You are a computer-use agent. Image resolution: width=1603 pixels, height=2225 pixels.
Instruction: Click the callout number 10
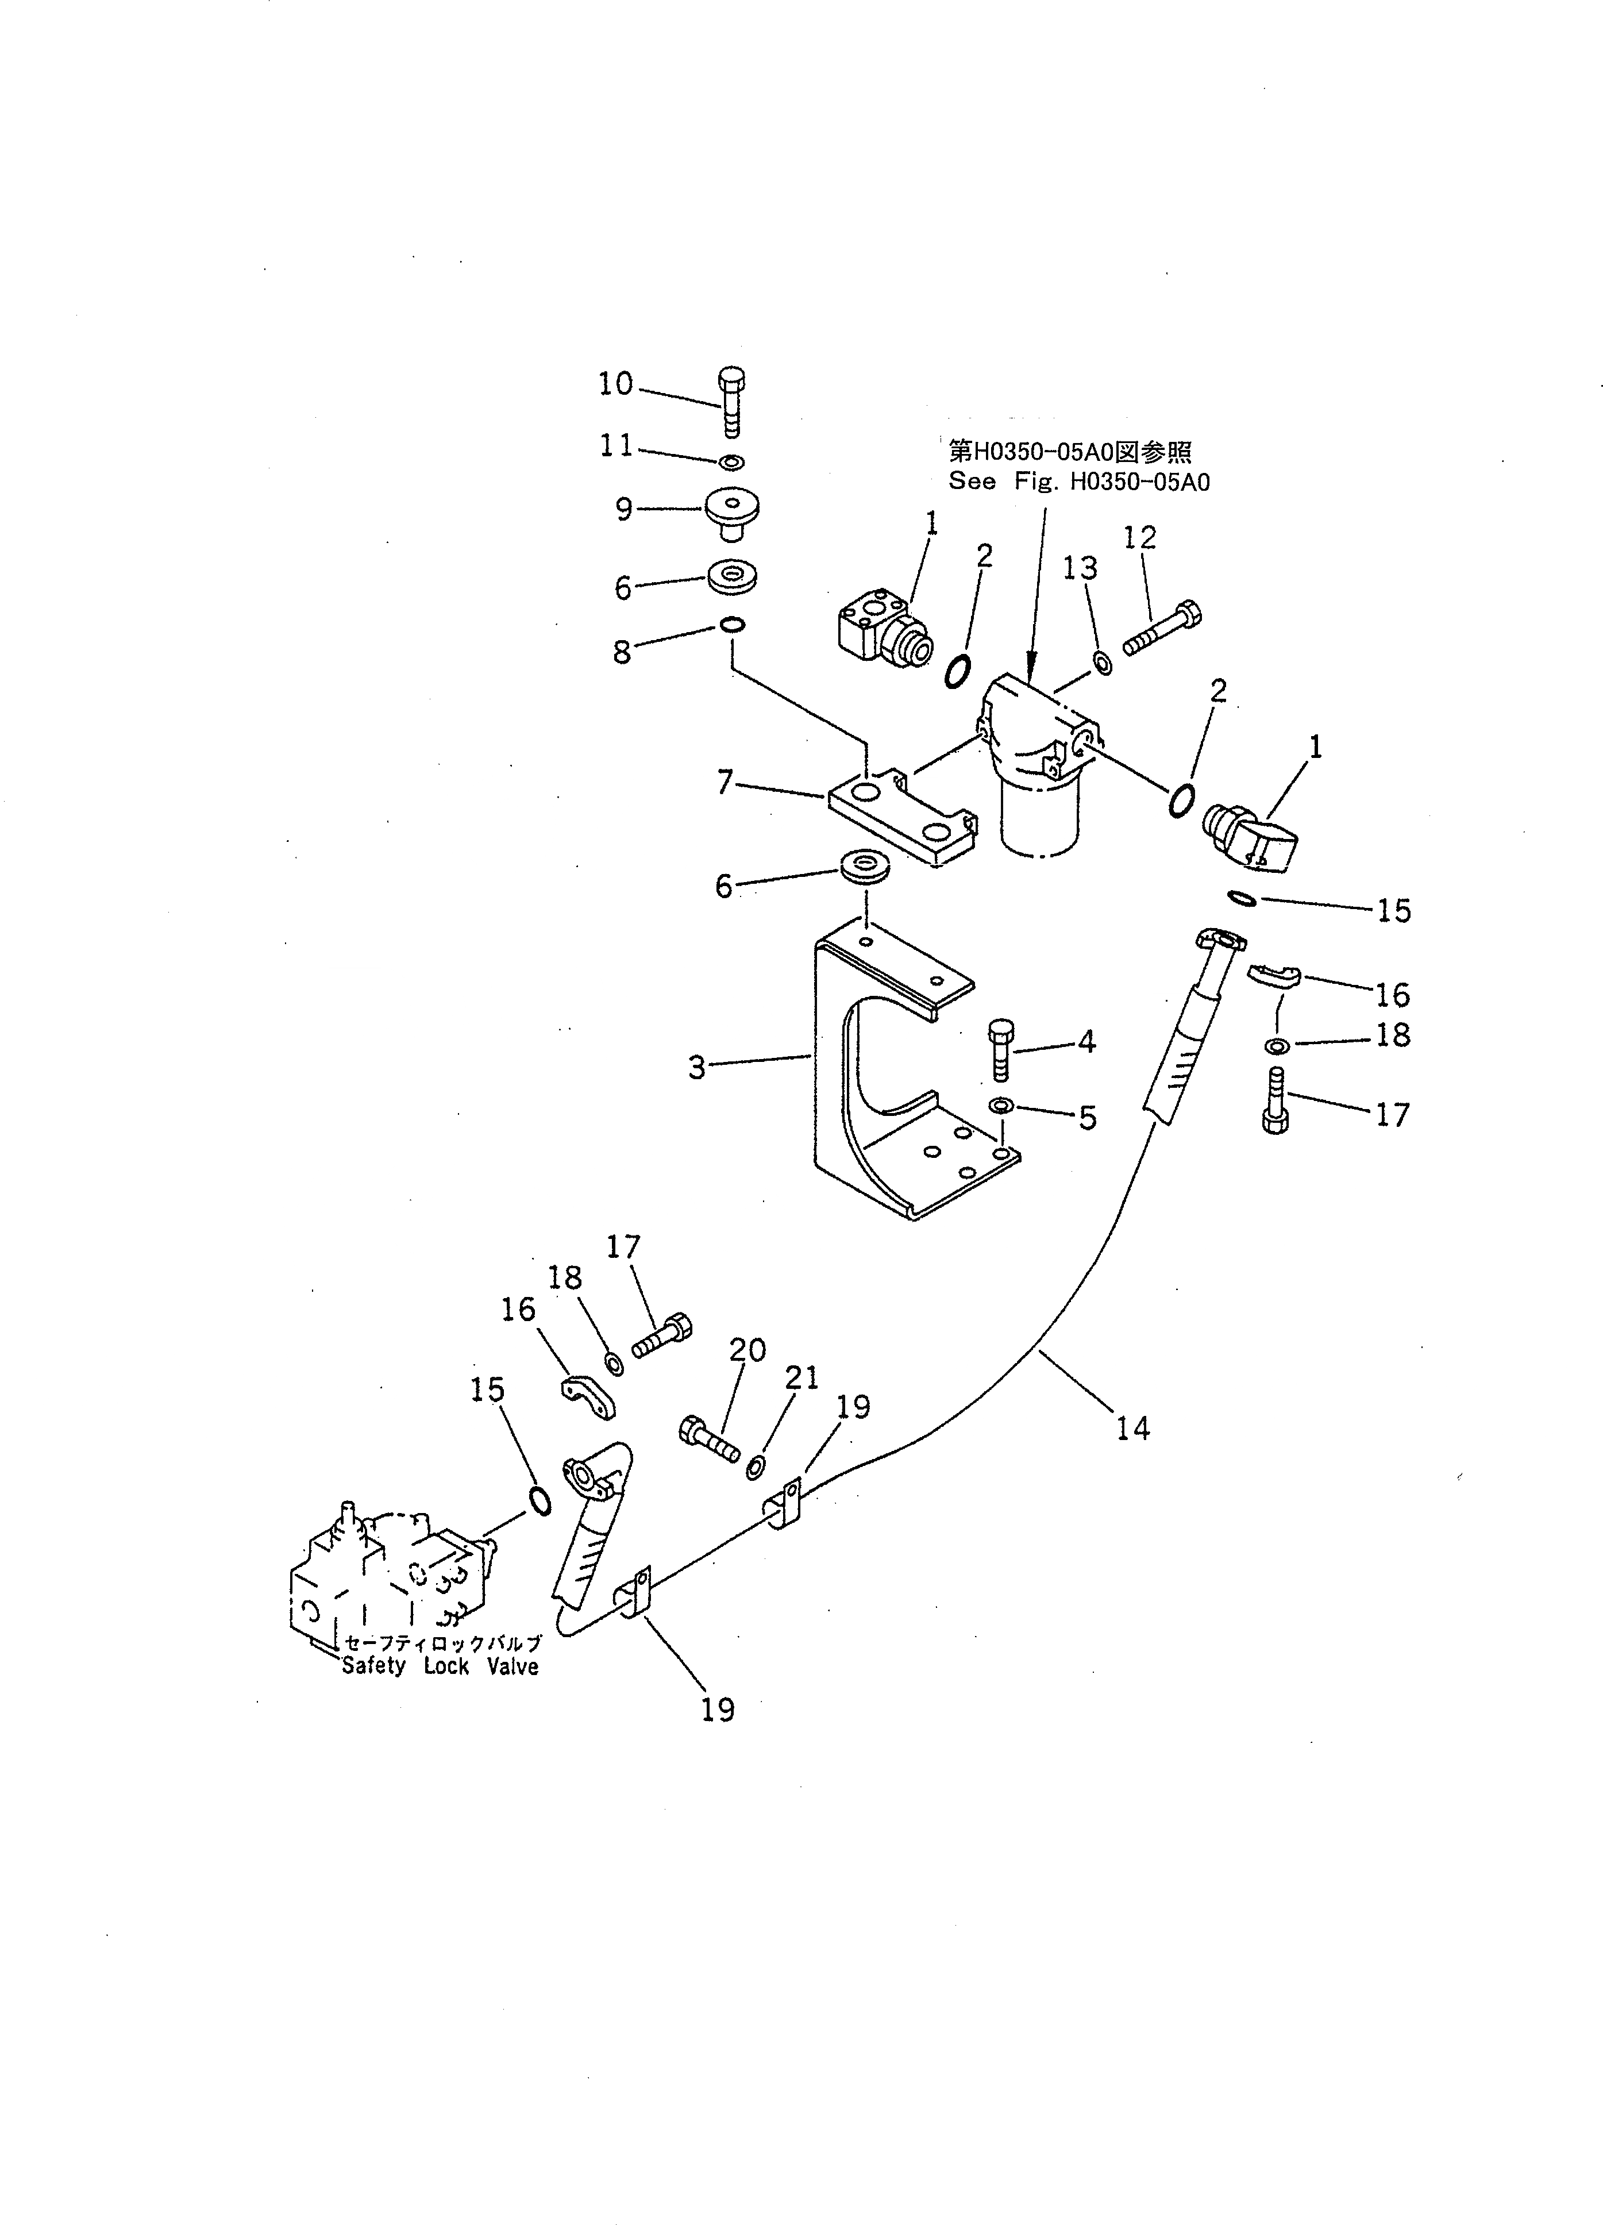(x=616, y=384)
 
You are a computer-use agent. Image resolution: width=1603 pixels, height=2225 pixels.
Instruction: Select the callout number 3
(x=696, y=1067)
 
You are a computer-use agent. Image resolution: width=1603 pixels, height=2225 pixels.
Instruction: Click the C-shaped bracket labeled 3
(x=834, y=1079)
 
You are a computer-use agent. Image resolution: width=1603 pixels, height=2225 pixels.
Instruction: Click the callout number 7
(x=725, y=783)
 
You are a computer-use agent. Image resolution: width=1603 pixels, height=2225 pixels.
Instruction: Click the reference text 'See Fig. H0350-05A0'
(x=1078, y=482)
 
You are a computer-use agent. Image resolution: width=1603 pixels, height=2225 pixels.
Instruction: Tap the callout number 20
(x=747, y=1350)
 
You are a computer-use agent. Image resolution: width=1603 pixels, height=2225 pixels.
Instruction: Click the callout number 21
(x=801, y=1377)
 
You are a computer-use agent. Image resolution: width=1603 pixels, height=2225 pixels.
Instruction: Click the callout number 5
(x=1087, y=1118)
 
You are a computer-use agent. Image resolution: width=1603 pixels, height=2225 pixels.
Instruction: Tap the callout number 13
(x=1081, y=567)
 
